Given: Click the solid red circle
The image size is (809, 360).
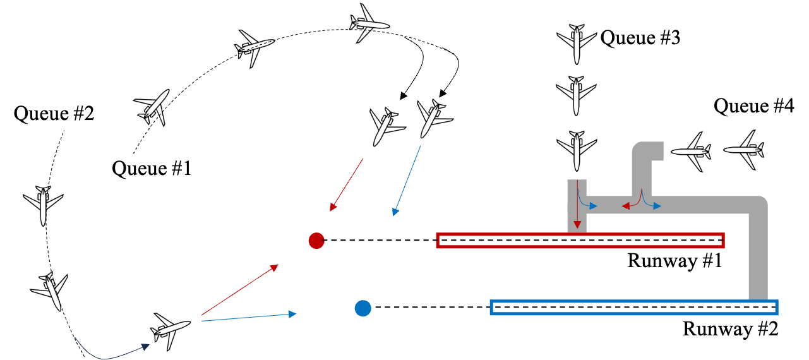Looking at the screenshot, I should coord(316,241).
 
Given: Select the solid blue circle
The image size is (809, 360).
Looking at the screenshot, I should coord(363,308).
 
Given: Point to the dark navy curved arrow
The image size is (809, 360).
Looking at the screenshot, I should coord(107,357).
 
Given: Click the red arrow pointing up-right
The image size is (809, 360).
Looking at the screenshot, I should coord(240,290).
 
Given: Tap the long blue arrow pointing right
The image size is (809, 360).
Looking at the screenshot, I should coord(249,318).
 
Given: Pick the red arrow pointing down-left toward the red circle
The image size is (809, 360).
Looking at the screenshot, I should coord(347,184).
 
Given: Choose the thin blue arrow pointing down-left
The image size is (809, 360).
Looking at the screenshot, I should coord(407,181).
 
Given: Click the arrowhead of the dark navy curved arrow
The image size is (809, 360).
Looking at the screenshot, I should coord(146,346).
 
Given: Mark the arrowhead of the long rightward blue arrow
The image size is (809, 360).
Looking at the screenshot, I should coord(292,314).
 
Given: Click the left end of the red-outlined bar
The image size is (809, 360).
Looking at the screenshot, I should coord(438,241).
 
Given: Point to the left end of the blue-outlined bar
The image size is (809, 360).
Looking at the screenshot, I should coord(492,308).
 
